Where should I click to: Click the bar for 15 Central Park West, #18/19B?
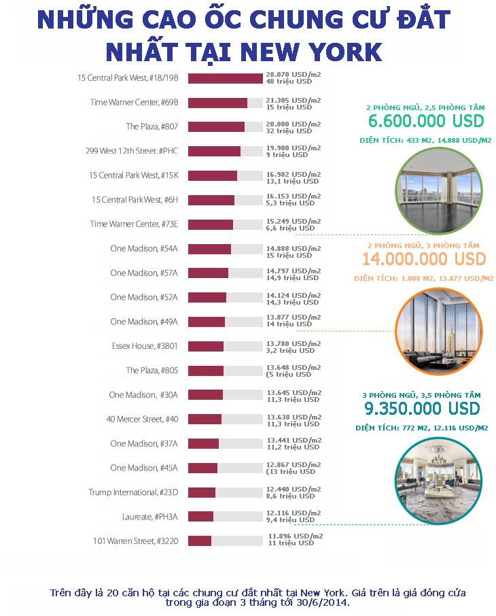point(225,78)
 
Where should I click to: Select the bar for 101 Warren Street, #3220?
point(200,541)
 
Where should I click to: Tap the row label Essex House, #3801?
point(145,346)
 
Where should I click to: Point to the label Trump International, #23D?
point(133,492)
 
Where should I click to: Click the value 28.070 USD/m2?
point(293,74)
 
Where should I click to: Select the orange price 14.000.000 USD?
point(424,259)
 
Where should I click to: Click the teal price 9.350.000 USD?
point(422,409)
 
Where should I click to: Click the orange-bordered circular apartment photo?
point(439,332)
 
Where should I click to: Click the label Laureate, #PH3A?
point(149,517)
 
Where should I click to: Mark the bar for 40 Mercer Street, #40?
point(205,419)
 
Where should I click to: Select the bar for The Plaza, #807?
point(216,126)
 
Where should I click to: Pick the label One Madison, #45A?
point(143,468)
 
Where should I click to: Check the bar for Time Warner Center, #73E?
point(211,224)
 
